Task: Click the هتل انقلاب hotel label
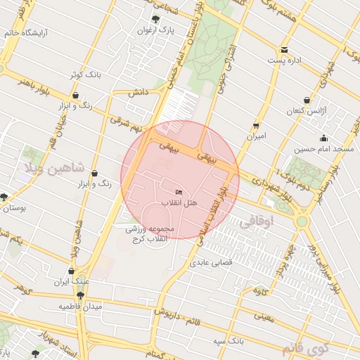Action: click(180, 202)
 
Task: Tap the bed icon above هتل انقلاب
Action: click(180, 192)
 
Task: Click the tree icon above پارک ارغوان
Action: click(155, 20)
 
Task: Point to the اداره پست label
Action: click(284, 60)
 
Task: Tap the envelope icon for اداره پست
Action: click(284, 50)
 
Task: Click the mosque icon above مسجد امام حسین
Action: click(323, 139)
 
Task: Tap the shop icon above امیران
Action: click(256, 126)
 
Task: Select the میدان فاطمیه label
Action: click(80, 307)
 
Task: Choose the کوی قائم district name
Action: click(307, 348)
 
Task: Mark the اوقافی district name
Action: click(257, 222)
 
